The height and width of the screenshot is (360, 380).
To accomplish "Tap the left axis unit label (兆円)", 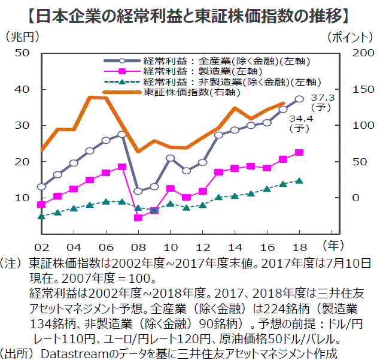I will click(x=22, y=37).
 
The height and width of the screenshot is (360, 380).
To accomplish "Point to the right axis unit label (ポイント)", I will click(x=351, y=37).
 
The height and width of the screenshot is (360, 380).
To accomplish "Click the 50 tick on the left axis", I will click(x=22, y=53).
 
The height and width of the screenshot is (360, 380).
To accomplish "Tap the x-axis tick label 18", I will click(x=299, y=247).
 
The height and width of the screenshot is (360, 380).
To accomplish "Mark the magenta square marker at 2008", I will click(x=138, y=217).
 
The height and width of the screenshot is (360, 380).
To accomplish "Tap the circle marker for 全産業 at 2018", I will click(x=299, y=99).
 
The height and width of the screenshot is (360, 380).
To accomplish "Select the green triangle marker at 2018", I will click(x=299, y=180).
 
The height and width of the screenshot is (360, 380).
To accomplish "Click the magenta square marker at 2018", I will click(x=299, y=153).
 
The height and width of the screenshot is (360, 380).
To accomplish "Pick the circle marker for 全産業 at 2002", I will click(x=41, y=187).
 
